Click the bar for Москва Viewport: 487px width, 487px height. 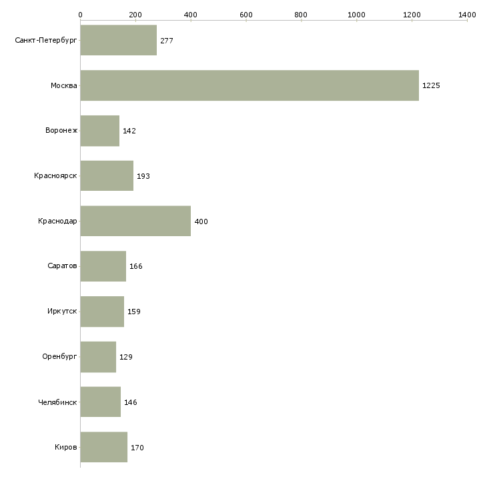tap(250, 85)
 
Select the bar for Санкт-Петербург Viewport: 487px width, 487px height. tap(119, 40)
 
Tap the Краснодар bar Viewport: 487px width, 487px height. tap(135, 221)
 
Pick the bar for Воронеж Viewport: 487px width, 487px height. tap(100, 131)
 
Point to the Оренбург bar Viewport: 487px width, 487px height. tap(98, 357)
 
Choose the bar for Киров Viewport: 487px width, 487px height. tap(104, 447)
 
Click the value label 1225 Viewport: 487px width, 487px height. tap(431, 85)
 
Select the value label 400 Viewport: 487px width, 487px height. tap(201, 221)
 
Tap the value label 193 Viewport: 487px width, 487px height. tap(143, 176)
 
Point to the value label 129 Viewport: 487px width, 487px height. tap(126, 357)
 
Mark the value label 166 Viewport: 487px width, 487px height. tap(136, 266)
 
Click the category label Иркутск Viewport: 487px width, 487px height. tap(62, 312)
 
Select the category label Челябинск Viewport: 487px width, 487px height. tap(58, 402)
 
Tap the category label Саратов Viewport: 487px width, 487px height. tap(63, 266)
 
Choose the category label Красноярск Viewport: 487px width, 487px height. tap(56, 176)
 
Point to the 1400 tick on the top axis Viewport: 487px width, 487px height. tap(467, 14)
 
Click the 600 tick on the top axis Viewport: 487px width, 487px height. tap(246, 14)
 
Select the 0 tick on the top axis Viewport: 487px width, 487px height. tap(81, 14)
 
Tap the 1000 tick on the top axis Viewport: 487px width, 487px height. tap(356, 14)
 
